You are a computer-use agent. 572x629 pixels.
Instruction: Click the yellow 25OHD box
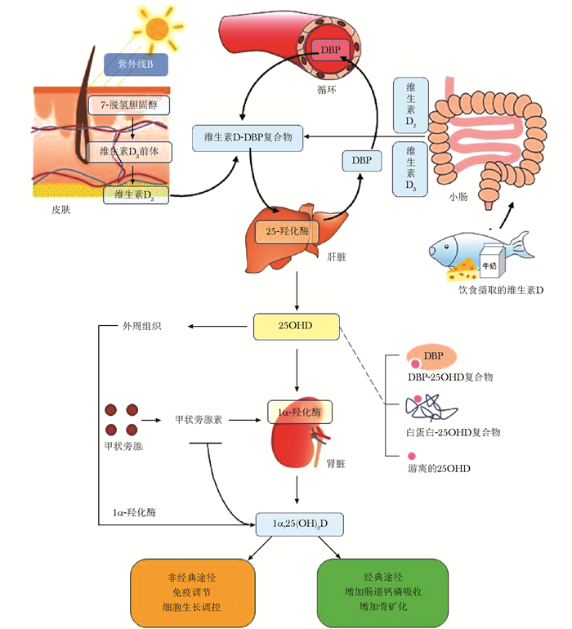pyautogui.click(x=295, y=326)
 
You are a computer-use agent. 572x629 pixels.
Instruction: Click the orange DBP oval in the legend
pyautogui.click(x=435, y=356)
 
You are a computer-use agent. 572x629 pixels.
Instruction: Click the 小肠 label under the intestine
pyautogui.click(x=459, y=197)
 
